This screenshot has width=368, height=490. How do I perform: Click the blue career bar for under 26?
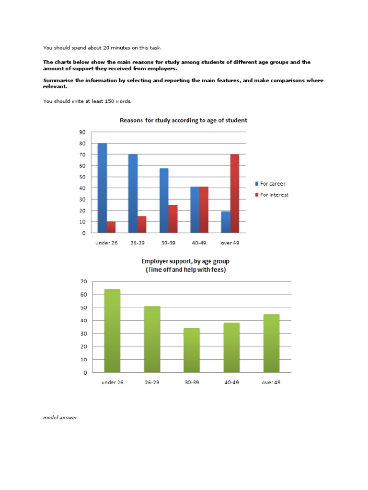pyautogui.click(x=102, y=188)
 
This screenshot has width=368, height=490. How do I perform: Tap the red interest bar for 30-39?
pyautogui.click(x=173, y=219)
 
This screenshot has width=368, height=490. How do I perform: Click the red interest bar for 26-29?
pyautogui.click(x=141, y=224)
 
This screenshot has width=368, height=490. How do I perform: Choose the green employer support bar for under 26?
pyautogui.click(x=112, y=331)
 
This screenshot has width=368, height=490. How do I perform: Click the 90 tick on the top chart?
pyautogui.click(x=82, y=132)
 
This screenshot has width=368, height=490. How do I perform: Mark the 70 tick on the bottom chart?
pyautogui.click(x=83, y=281)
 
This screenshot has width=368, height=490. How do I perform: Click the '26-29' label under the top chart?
pyautogui.click(x=138, y=243)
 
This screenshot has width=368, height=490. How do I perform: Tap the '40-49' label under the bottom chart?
pyautogui.click(x=231, y=382)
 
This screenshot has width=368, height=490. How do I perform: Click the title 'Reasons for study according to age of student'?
pyautogui.click(x=184, y=121)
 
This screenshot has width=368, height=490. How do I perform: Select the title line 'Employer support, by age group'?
pyautogui.click(x=185, y=262)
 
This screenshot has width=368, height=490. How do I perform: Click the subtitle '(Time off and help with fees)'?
pyautogui.click(x=185, y=270)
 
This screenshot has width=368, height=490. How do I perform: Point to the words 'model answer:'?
pyautogui.click(x=61, y=418)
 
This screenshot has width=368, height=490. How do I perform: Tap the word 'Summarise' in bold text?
pyautogui.click(x=59, y=80)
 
